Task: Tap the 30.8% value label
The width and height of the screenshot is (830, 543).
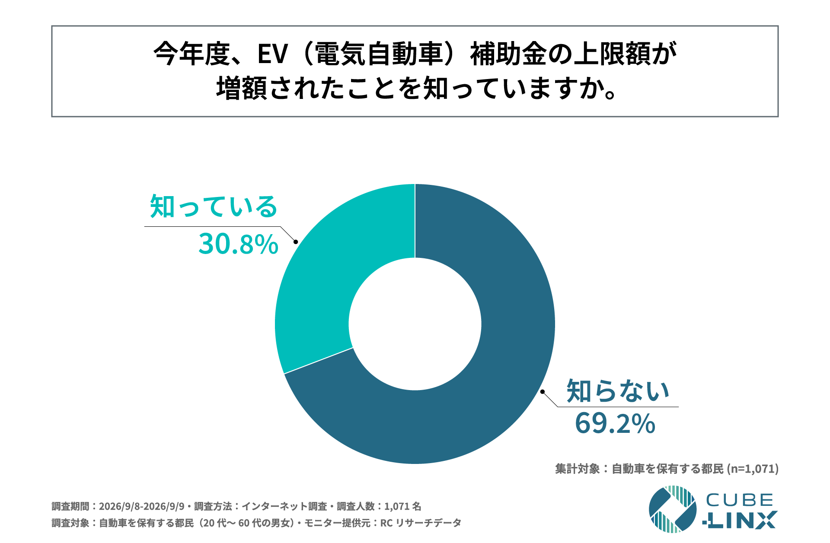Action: pyautogui.click(x=238, y=245)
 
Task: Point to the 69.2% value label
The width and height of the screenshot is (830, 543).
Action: pyautogui.click(x=615, y=424)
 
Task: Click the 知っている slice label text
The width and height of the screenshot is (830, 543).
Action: pyautogui.click(x=214, y=206)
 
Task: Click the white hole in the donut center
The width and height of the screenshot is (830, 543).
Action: pyautogui.click(x=415, y=324)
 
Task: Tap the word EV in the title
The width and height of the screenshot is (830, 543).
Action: pyautogui.click(x=273, y=54)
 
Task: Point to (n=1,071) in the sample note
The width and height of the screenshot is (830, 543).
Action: pyautogui.click(x=753, y=469)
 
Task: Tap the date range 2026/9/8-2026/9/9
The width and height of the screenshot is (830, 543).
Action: pyautogui.click(x=142, y=506)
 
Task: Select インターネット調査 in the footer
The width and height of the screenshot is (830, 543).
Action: pyautogui.click(x=284, y=506)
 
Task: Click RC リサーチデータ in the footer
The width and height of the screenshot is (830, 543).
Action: pyautogui.click(x=421, y=523)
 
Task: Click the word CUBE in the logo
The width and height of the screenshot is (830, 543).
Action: pyautogui.click(x=740, y=500)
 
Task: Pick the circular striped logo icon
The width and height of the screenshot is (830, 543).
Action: pyautogui.click(x=673, y=509)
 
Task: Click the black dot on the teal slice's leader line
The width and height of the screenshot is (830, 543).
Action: pyautogui.click(x=296, y=241)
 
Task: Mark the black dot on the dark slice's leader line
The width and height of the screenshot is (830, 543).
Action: pyautogui.click(x=542, y=392)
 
